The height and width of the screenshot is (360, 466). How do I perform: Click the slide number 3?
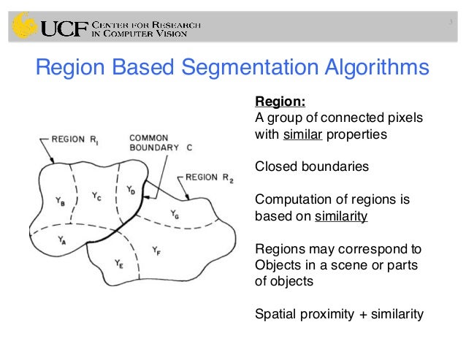(451, 22)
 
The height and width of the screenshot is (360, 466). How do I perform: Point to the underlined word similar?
(302, 134)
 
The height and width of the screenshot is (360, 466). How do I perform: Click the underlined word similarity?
(341, 216)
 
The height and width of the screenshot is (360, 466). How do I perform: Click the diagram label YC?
(97, 195)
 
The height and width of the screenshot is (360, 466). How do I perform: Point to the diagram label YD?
(130, 191)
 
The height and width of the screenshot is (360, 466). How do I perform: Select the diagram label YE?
(119, 263)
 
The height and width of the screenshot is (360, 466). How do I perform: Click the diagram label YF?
(156, 250)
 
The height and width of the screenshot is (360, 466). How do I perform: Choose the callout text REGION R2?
(209, 177)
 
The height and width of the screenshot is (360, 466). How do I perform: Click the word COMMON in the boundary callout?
(149, 137)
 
